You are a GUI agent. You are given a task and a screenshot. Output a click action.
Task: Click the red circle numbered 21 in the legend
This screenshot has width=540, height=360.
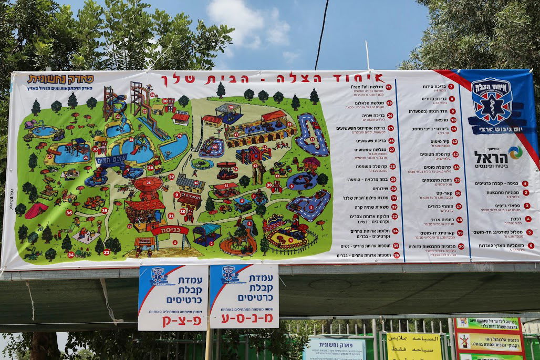(389, 87)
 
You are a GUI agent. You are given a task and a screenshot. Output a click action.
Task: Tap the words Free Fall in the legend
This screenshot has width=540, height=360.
(374, 87)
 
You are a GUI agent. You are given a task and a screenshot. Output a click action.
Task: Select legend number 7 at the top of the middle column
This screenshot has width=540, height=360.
(451, 87)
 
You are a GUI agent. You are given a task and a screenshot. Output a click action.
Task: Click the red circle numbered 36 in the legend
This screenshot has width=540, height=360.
(396, 255)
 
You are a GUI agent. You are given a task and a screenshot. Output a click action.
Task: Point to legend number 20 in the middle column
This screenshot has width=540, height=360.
(461, 246)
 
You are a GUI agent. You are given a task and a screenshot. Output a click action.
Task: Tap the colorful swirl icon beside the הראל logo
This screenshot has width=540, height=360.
(515, 152)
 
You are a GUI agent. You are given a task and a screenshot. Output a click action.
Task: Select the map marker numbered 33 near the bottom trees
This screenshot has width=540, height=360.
(106, 252)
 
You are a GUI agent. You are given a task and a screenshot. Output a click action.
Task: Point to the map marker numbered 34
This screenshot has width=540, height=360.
(70, 255)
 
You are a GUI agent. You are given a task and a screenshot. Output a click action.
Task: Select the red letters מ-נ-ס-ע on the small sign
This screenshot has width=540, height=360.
(244, 318)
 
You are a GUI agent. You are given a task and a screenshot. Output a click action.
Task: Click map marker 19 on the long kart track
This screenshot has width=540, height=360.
(312, 139)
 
